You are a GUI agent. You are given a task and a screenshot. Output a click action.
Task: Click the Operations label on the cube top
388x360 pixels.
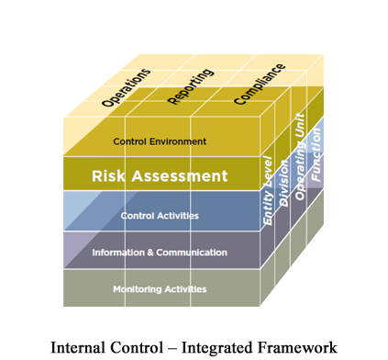coord(127,88)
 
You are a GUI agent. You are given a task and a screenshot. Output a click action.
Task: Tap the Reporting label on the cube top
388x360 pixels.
coord(191,85)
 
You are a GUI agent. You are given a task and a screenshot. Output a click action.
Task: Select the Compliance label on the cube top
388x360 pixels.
coord(260,84)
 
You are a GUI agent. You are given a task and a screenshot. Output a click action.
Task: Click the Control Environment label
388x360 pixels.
coord(160,141)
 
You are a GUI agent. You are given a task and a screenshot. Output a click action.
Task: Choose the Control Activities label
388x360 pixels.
coord(160,216)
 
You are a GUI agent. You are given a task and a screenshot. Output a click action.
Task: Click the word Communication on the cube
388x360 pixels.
coord(191,253)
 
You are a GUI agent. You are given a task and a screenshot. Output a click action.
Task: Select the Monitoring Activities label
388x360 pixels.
coord(160,289)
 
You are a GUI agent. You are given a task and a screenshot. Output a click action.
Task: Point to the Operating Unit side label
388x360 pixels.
coord(300,154)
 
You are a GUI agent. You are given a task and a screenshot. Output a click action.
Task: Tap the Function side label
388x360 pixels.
coord(316,151)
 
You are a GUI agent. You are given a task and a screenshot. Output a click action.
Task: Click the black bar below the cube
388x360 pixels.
coord(194,348)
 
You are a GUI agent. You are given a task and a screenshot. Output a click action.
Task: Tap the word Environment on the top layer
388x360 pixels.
coord(181,141)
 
